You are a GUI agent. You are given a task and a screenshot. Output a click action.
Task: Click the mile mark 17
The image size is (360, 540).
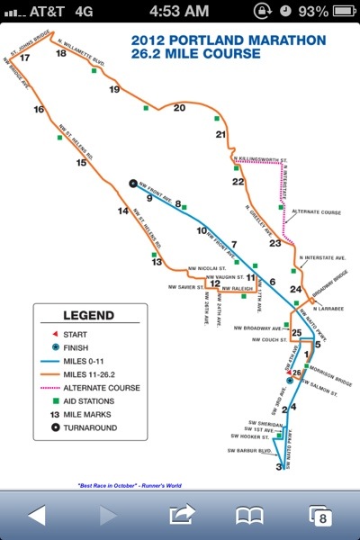point(24,58)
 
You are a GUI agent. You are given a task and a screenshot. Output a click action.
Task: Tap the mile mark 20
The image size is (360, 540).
point(179,108)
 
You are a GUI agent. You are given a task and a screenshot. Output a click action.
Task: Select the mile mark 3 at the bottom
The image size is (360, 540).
point(279,467)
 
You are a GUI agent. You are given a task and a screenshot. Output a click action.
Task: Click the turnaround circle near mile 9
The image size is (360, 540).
point(132,184)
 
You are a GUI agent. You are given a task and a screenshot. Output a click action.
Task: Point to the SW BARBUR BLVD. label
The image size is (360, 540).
point(249,451)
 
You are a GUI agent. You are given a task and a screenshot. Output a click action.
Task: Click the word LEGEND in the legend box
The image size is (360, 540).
point(88,315)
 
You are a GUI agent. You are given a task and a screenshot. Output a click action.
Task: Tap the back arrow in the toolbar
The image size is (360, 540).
point(36,515)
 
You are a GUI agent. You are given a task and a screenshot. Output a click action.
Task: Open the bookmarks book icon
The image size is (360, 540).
point(247,515)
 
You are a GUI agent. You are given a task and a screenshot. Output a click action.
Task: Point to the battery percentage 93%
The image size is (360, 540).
point(312,11)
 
